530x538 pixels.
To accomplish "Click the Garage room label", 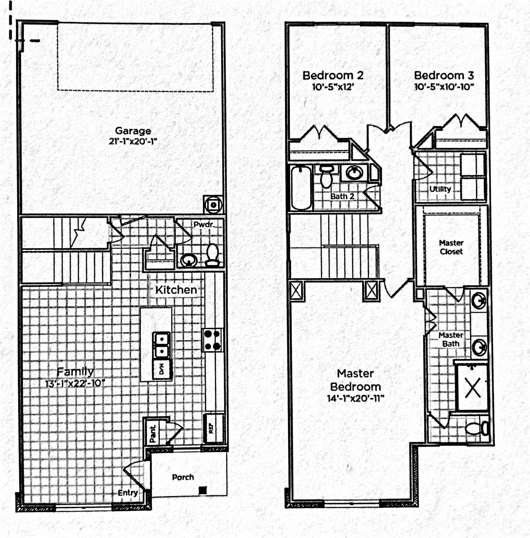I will (133, 131).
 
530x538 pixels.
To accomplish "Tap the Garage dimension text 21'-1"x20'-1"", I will (133, 141).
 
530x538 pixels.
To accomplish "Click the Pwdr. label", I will (204, 225).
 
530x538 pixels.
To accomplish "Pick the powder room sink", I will (189, 260).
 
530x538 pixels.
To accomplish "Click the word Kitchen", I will (176, 290).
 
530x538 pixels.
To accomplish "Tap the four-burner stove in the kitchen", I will (212, 340).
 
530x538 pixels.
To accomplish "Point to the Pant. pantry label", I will (153, 434).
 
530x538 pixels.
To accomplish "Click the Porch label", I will (183, 477).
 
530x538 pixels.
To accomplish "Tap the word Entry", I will (128, 493).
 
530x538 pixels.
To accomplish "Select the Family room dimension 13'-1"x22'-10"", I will (75, 384).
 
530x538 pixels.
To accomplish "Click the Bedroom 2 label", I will (333, 75).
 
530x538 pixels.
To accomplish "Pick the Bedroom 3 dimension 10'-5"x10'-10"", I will (444, 87).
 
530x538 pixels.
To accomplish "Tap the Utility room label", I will (440, 189).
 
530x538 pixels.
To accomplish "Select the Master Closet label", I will (451, 247).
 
